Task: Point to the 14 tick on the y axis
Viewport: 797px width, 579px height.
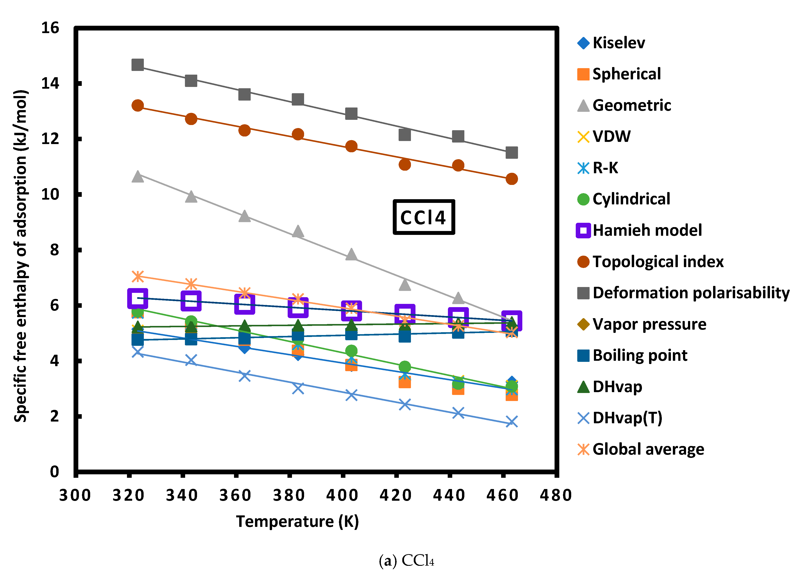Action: [x=50, y=84]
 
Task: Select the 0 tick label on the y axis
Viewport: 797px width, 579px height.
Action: [x=55, y=472]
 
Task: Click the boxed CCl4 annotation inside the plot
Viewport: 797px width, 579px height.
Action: [x=423, y=217]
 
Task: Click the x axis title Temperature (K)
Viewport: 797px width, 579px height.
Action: [x=297, y=521]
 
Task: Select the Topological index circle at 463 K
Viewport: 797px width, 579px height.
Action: [x=512, y=179]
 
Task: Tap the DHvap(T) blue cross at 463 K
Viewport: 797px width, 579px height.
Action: [x=512, y=422]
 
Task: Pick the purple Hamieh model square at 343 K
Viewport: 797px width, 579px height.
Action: [x=191, y=301]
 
